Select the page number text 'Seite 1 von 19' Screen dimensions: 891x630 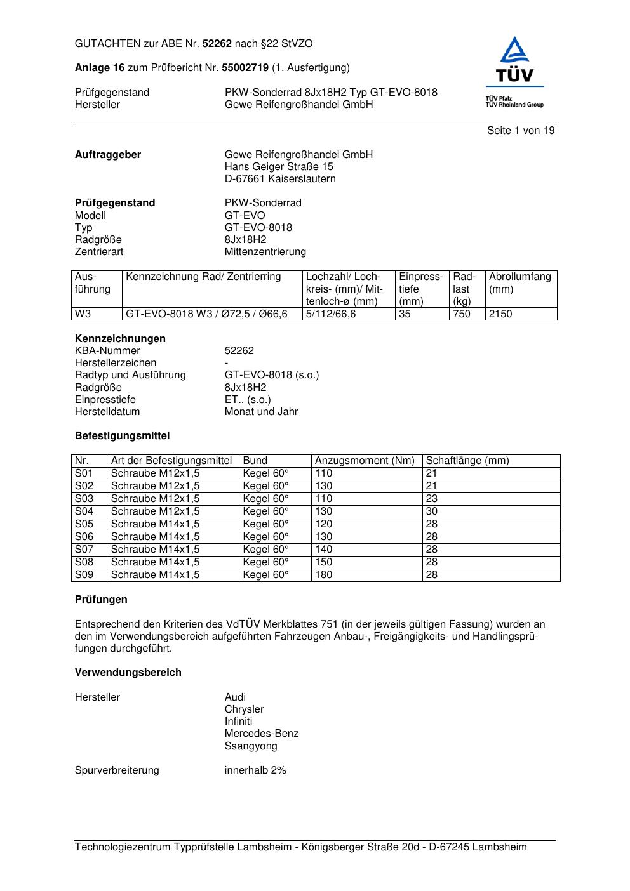(521, 131)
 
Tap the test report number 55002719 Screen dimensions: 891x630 (245, 68)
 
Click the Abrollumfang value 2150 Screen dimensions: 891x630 (500, 314)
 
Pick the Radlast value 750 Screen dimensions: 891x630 (462, 314)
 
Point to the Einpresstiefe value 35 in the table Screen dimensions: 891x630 (405, 314)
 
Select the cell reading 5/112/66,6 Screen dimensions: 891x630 (331, 314)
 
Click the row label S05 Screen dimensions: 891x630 (84, 524)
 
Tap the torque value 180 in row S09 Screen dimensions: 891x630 (324, 575)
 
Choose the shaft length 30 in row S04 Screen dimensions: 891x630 (432, 511)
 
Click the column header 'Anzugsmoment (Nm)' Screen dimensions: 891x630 (365, 461)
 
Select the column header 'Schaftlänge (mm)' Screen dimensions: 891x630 (467, 461)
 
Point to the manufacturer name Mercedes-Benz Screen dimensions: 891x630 (262, 734)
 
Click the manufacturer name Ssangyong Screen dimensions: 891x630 (251, 746)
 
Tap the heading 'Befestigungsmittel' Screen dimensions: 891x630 (123, 436)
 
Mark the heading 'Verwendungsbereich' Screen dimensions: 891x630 (128, 673)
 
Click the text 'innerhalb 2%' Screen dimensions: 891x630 (255, 770)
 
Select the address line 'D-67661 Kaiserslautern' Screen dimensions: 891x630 (280, 179)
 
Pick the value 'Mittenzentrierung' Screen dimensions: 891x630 (265, 252)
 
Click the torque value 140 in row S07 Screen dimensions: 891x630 (324, 550)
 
